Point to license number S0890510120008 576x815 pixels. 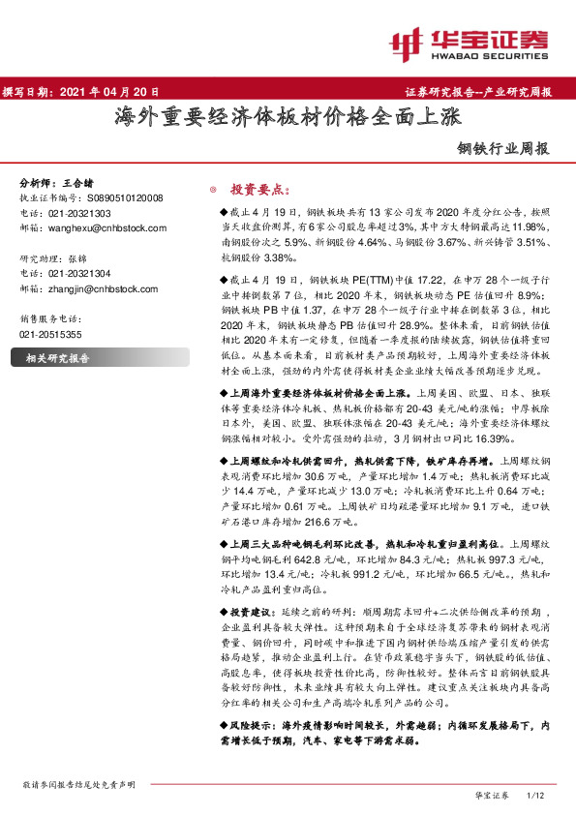click(115, 196)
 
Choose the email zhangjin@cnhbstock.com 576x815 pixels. click(105, 288)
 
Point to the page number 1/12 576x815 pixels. click(535, 795)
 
